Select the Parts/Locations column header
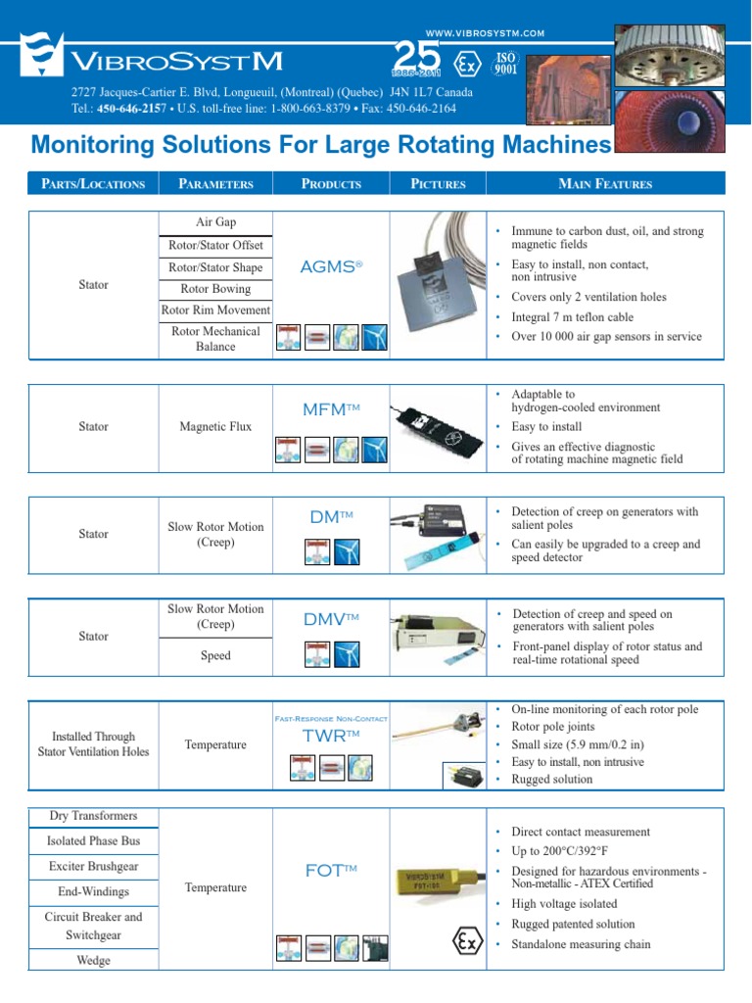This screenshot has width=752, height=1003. click(93, 183)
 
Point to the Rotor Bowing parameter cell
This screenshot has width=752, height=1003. click(215, 289)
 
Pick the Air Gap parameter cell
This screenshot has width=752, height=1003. click(215, 222)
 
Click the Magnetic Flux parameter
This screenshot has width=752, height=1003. click(215, 426)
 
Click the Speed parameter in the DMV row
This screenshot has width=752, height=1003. click(215, 655)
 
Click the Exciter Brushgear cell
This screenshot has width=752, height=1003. click(93, 867)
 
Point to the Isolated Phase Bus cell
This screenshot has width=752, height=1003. click(93, 840)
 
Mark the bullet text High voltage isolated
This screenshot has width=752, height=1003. click(564, 904)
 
